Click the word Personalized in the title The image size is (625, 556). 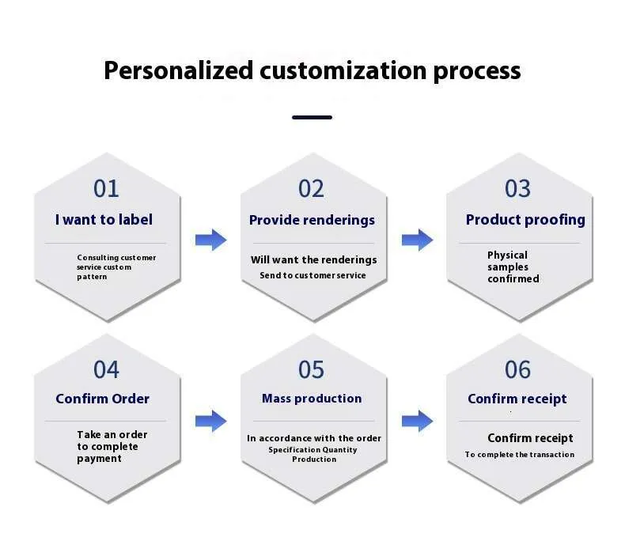(179, 71)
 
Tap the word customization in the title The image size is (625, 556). (343, 70)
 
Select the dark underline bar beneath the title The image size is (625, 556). (312, 117)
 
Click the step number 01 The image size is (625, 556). (106, 188)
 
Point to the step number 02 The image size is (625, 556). (311, 188)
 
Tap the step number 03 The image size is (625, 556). (517, 188)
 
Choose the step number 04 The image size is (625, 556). (106, 369)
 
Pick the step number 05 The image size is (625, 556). (311, 369)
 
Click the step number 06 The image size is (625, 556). (517, 369)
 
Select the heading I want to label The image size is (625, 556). (104, 220)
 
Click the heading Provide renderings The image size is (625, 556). (312, 220)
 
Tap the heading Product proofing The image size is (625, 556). (525, 220)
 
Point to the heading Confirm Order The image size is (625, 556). (102, 399)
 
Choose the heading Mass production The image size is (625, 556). (312, 398)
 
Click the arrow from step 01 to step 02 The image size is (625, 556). (211, 240)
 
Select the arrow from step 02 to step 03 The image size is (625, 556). (418, 240)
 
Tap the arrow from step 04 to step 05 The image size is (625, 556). (211, 421)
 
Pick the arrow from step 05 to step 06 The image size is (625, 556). (418, 421)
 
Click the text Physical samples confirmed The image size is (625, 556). (513, 267)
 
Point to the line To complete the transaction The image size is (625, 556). (519, 454)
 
